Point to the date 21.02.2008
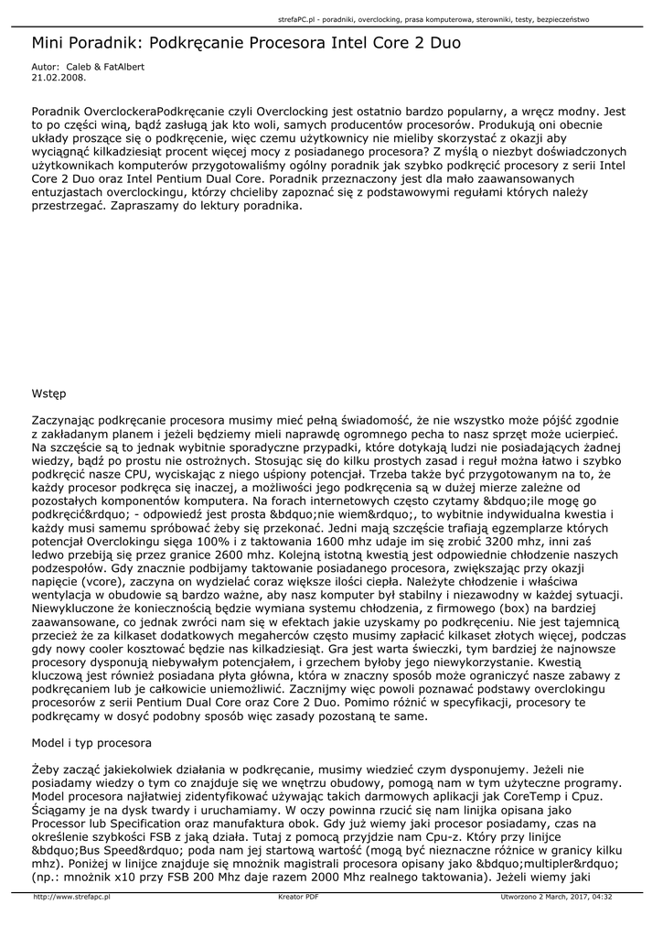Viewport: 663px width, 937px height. (x=52, y=78)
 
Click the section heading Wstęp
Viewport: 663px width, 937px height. (x=49, y=394)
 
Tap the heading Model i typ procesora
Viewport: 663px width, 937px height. (x=91, y=742)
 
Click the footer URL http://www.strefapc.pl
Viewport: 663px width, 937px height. (x=71, y=897)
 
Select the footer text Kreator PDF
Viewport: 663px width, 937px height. (x=298, y=897)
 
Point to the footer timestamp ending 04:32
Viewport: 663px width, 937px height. (x=601, y=897)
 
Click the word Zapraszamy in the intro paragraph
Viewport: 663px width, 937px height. (x=144, y=207)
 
